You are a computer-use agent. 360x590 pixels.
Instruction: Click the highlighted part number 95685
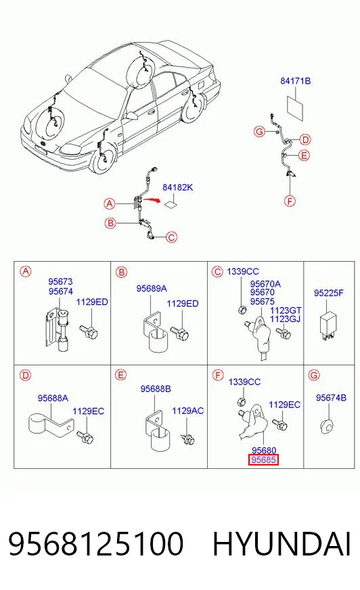click(263, 460)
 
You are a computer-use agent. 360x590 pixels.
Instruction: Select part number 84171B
click(295, 81)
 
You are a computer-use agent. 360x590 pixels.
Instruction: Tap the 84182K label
click(177, 187)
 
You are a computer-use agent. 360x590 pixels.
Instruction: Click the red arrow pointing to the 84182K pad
click(151, 200)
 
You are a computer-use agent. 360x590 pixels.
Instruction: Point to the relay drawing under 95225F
click(327, 325)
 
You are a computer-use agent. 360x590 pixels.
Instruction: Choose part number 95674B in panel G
click(331, 398)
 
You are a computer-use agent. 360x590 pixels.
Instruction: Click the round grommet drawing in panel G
click(328, 427)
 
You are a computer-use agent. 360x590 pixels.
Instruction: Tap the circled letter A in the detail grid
click(26, 271)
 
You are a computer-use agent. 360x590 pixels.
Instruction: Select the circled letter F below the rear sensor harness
click(290, 202)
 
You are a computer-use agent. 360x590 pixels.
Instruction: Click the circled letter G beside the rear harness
click(259, 132)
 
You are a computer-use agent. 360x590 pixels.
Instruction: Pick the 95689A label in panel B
click(152, 289)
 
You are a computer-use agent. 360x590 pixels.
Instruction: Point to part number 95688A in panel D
click(53, 398)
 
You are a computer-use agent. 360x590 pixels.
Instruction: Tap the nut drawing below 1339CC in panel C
click(242, 309)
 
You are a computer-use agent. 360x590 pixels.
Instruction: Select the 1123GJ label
click(285, 319)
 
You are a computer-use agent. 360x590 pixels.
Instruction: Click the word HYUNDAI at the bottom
click(282, 544)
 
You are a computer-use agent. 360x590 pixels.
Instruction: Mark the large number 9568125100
click(96, 544)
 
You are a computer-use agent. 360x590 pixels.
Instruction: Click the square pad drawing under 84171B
click(295, 108)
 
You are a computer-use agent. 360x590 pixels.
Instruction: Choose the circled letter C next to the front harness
click(171, 237)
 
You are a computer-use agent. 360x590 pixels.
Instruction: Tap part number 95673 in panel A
click(60, 281)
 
